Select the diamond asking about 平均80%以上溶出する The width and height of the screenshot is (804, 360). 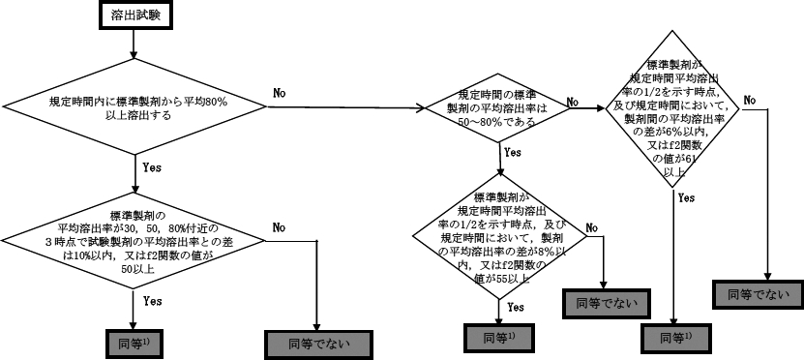(x=136, y=106)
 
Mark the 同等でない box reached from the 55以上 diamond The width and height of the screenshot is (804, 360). (x=605, y=302)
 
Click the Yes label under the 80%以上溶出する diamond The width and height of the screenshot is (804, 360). (x=152, y=167)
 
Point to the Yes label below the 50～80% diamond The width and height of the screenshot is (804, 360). (x=513, y=152)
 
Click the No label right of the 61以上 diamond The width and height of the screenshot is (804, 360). (x=750, y=100)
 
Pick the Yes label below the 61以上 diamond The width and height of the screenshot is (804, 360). (x=686, y=197)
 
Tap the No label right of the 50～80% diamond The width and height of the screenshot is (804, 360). (x=572, y=101)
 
